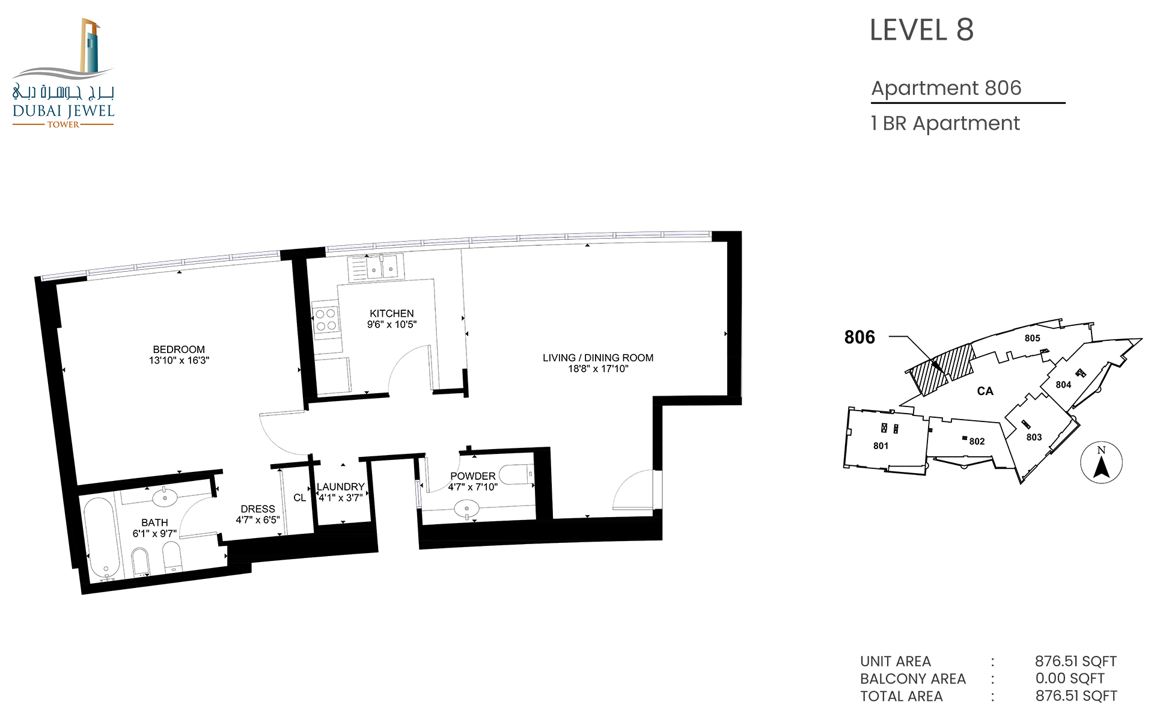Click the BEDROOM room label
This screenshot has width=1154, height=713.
(179, 349)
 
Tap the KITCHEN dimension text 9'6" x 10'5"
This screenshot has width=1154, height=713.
(392, 325)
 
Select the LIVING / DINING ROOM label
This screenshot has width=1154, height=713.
(598, 358)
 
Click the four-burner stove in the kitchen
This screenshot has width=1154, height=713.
(325, 320)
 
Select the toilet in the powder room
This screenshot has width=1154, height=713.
(517, 475)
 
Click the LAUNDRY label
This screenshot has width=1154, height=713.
(341, 487)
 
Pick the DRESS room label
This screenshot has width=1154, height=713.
(258, 509)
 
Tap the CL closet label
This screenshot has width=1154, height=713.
(299, 498)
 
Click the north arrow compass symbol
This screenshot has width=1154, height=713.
(1101, 462)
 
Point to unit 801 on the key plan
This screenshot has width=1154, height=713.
(881, 446)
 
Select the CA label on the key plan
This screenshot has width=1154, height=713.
(985, 391)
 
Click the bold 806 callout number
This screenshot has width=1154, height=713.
(859, 337)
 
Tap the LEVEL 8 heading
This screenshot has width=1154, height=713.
(921, 29)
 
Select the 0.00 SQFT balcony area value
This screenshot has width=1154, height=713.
(1070, 679)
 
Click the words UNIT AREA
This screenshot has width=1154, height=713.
(896, 661)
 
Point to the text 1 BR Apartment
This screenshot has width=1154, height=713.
(945, 123)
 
